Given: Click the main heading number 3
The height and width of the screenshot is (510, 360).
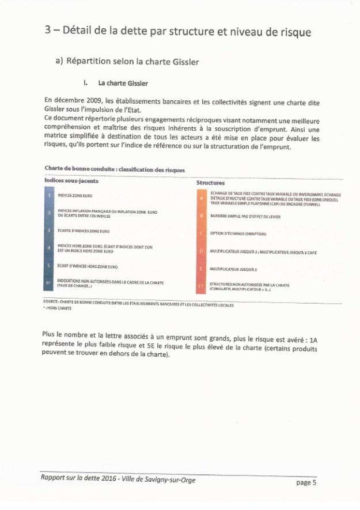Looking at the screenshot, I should pos(48,31).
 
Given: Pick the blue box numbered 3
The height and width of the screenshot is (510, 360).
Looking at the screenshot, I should pos(50,231).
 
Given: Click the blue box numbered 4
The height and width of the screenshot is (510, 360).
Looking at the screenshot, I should pos(50,249).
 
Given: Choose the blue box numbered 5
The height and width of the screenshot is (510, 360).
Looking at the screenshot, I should pos(50,267).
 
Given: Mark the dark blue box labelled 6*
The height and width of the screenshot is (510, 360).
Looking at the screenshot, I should pos(50,285).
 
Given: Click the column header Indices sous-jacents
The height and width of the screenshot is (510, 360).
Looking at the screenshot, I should pos(71,180).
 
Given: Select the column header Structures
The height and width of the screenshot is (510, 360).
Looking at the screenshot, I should pos(210,183).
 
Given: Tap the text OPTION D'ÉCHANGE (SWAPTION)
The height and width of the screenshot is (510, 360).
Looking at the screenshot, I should pos(237,234).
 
